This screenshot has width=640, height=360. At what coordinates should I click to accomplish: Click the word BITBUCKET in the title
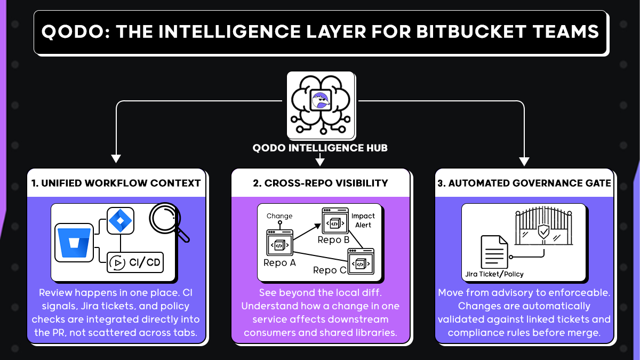pyautogui.click(x=457, y=32)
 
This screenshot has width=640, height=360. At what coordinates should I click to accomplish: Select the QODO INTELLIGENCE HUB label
pyautogui.click(x=320, y=148)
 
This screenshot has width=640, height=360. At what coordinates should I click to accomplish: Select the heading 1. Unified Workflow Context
pyautogui.click(x=116, y=183)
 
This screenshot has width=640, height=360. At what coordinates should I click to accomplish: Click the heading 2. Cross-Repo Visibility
pyautogui.click(x=320, y=183)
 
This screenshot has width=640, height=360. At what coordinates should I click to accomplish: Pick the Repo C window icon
pyautogui.click(x=361, y=262)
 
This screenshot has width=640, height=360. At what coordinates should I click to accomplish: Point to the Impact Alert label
pyautogui.click(x=363, y=220)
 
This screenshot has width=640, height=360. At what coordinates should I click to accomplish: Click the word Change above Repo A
pyautogui.click(x=279, y=216)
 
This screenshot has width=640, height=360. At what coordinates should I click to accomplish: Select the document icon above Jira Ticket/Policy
pyautogui.click(x=495, y=252)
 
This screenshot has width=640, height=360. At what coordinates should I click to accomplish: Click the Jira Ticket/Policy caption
pyautogui.click(x=494, y=274)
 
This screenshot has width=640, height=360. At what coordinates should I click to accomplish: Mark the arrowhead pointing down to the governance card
pyautogui.click(x=524, y=160)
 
